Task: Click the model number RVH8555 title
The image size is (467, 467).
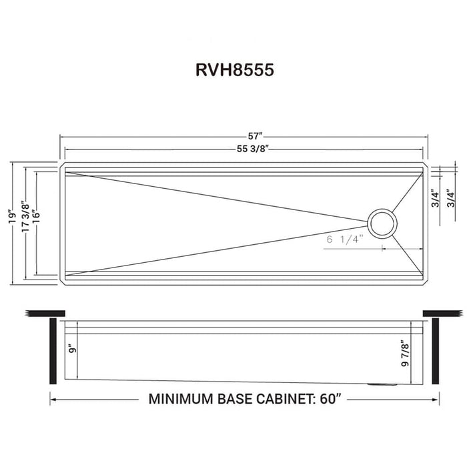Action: point(233,71)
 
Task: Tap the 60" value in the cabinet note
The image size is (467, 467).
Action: point(330,400)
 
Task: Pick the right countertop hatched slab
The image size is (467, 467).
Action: point(442,313)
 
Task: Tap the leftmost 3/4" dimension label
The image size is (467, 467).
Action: point(434,199)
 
